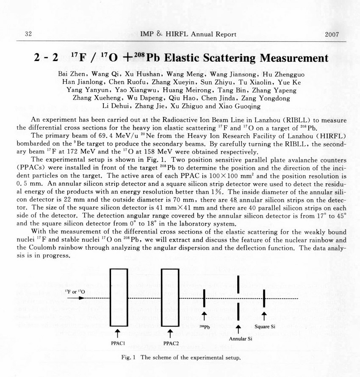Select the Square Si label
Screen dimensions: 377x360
point(265,326)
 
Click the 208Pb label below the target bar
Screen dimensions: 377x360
point(204,327)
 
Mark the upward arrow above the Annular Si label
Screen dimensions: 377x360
point(238,329)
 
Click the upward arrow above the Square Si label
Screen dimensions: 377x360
point(264,316)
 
